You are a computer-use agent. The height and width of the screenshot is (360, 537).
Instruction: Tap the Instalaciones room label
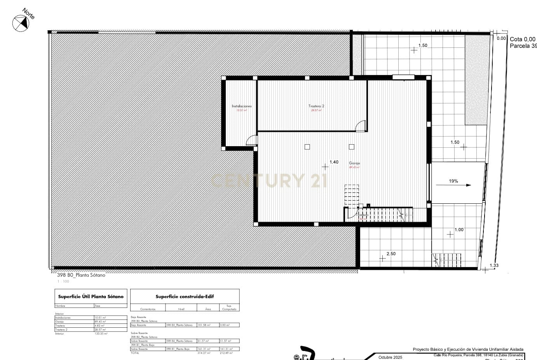tap(242, 106)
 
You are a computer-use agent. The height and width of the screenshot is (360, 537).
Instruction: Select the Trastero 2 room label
tap(316, 106)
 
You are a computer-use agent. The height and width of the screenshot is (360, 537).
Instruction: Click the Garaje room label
tap(354, 163)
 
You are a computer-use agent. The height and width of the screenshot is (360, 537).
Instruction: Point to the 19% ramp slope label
tap(453, 181)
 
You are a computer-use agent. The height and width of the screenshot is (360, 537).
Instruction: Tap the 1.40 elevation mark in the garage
tap(334, 162)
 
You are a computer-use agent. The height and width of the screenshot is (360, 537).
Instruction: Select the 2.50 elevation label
tap(391, 254)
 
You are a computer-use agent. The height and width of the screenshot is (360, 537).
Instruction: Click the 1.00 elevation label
tap(459, 230)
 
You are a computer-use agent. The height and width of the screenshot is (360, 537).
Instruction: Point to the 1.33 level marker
tap(494, 266)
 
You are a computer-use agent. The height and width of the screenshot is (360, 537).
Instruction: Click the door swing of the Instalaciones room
tap(252, 140)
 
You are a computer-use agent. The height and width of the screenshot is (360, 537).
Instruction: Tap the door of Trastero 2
tap(361, 126)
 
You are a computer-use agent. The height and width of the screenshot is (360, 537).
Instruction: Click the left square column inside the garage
tap(307, 147)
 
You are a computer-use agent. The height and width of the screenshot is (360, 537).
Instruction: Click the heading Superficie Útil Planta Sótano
tap(91, 297)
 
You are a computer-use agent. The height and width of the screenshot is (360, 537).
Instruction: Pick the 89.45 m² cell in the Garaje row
tap(100, 322)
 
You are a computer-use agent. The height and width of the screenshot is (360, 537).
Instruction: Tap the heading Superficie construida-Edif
tap(185, 297)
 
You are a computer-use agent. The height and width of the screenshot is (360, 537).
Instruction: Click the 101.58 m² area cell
tap(204, 325)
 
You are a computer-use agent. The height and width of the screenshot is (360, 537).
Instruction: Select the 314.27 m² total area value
tap(204, 353)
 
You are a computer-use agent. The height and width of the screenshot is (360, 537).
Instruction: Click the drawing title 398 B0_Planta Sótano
tap(81, 275)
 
